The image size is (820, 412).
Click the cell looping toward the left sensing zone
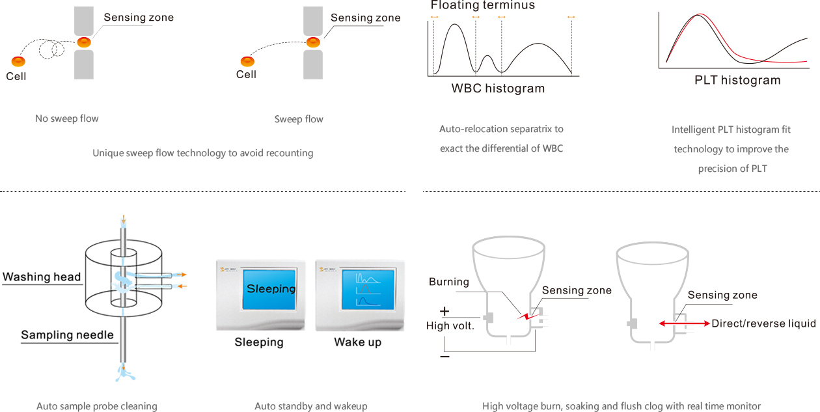point(18,61)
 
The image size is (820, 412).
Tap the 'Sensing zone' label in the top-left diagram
point(139,18)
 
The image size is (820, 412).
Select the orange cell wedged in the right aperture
point(314,42)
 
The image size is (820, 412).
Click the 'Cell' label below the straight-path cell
point(246,75)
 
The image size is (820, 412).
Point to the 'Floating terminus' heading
point(482,5)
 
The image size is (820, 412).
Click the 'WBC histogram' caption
point(498,88)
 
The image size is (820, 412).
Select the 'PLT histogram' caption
point(737,81)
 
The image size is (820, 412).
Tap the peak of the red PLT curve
point(700,15)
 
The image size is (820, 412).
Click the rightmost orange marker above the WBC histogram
point(571,16)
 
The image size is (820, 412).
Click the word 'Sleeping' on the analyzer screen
point(271,288)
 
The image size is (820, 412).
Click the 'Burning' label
point(448,282)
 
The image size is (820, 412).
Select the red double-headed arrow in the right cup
point(683,323)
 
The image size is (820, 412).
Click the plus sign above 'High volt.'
point(444,311)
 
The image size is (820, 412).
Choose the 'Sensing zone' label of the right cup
point(722,295)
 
